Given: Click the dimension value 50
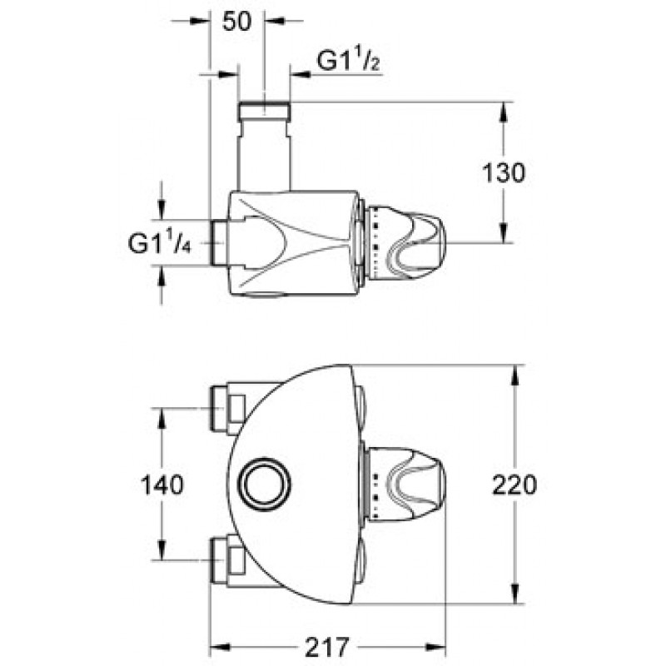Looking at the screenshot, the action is [x=237, y=22].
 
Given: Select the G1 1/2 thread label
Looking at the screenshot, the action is [x=348, y=61].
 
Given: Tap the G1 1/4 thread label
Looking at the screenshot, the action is [x=160, y=243].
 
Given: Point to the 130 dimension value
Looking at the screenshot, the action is [x=504, y=173].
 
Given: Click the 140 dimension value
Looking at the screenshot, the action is [x=162, y=485].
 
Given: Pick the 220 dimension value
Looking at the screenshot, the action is [x=514, y=485].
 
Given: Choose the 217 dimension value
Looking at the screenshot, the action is [x=327, y=648].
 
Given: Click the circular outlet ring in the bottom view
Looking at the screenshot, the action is [x=264, y=485].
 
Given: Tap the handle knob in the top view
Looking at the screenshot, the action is [x=405, y=243].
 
